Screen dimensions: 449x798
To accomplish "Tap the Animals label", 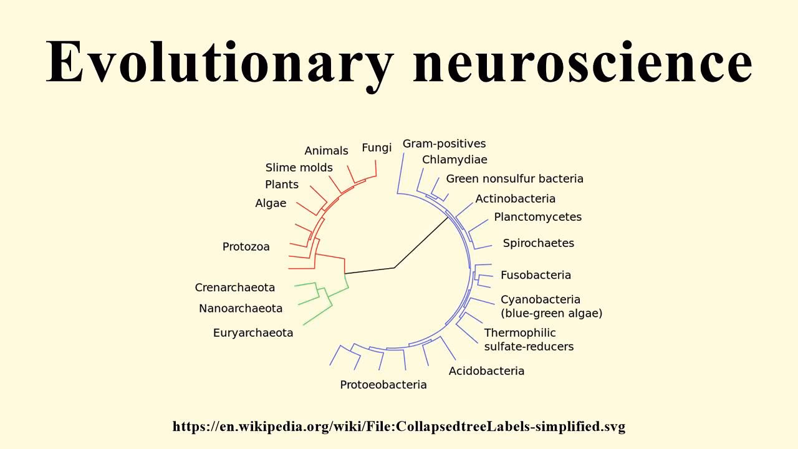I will pyautogui.click(x=326, y=151).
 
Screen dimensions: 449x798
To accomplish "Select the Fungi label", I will pyautogui.click(x=377, y=148).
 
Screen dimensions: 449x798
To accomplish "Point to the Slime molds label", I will pyautogui.click(x=299, y=168).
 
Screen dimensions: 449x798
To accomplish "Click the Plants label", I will pyautogui.click(x=282, y=185).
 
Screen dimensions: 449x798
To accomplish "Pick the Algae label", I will pyautogui.click(x=271, y=203).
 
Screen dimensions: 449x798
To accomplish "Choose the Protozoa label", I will pyautogui.click(x=246, y=247).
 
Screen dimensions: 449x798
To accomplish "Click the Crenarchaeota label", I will pyautogui.click(x=234, y=287).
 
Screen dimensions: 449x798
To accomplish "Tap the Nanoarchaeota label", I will pyautogui.click(x=240, y=308).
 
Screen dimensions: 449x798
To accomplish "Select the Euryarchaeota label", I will pyautogui.click(x=252, y=332).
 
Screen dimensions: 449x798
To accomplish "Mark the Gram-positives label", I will pyautogui.click(x=444, y=144).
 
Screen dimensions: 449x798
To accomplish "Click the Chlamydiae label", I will pyautogui.click(x=454, y=160).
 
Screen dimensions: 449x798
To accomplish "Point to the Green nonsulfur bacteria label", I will pyautogui.click(x=514, y=179).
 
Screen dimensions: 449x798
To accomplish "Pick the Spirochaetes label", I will pyautogui.click(x=538, y=243).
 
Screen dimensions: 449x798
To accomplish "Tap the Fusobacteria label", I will pyautogui.click(x=536, y=275).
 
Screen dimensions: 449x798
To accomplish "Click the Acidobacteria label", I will pyautogui.click(x=486, y=371).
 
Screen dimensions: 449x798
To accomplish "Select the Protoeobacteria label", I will pyautogui.click(x=383, y=385).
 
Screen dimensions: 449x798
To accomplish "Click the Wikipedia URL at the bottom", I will pyautogui.click(x=399, y=427).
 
